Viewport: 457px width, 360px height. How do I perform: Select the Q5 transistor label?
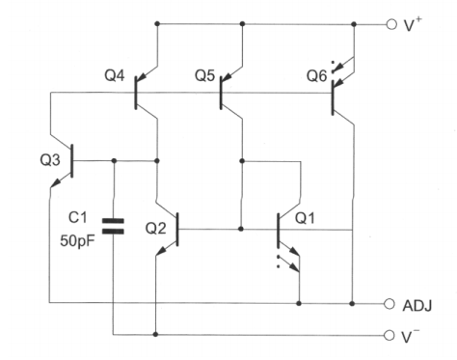[204, 73]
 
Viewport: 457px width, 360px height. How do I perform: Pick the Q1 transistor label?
[305, 218]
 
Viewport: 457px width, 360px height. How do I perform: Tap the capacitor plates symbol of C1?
[114, 227]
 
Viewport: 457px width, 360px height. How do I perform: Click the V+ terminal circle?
[390, 23]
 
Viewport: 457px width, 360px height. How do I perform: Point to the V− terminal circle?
[390, 336]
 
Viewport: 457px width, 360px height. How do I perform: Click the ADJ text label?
[416, 305]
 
